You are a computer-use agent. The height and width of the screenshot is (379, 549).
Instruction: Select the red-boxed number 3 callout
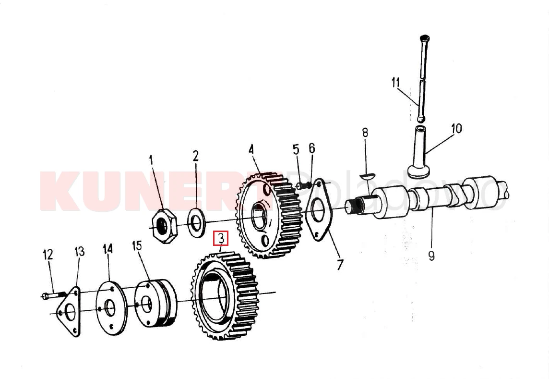point(221,238)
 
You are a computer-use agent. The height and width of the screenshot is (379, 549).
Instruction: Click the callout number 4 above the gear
point(251,149)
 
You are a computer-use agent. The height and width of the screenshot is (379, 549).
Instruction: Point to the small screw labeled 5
point(304,186)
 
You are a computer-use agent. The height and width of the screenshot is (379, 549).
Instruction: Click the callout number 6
point(311,148)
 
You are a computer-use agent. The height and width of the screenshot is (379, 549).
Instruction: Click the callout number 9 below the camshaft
point(431,256)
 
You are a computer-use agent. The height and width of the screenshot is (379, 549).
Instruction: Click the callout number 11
point(395,83)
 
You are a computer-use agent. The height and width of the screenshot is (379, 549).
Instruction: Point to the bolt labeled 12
point(55,295)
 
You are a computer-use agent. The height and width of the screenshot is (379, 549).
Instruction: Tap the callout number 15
point(137,246)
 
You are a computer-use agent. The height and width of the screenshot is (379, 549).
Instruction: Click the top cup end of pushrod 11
point(425,38)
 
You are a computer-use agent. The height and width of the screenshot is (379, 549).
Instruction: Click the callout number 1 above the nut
point(151,161)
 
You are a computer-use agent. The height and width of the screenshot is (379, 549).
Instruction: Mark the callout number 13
point(80,251)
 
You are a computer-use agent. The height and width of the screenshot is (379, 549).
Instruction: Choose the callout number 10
point(456,129)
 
